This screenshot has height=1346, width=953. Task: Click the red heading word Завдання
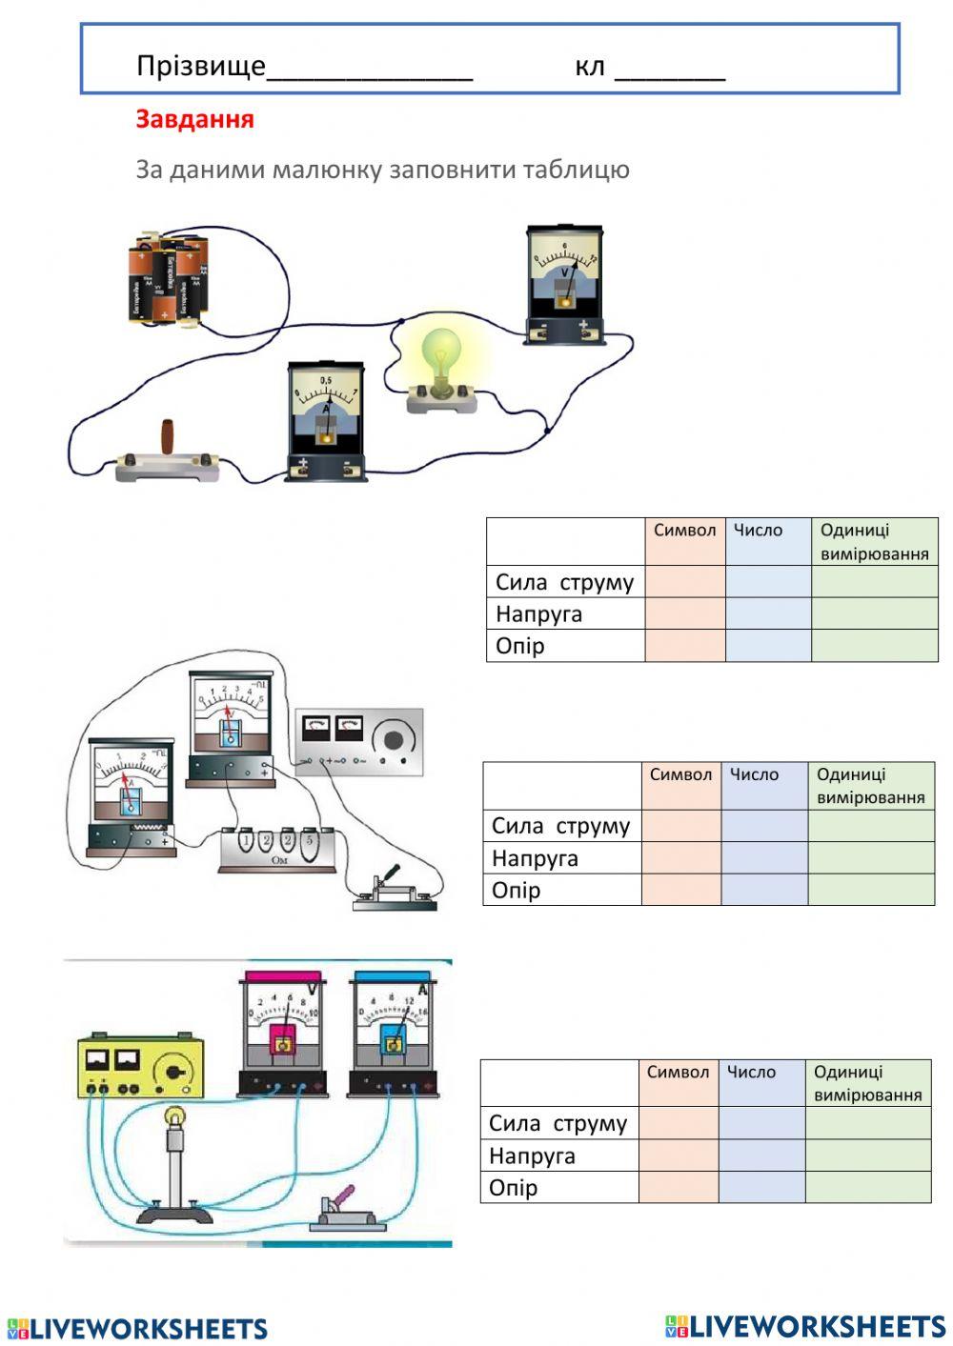tap(194, 119)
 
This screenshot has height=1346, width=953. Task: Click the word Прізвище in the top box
tap(200, 66)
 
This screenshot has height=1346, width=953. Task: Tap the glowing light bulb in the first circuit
tap(440, 357)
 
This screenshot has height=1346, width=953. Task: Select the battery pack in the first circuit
tap(168, 279)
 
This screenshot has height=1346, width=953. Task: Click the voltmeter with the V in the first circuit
tap(564, 284)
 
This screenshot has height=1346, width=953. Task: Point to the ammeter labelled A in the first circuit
tap(326, 420)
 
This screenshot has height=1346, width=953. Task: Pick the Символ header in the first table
tap(684, 531)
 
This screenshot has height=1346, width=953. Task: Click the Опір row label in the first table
tap(520, 646)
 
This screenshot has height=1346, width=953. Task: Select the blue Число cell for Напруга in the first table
tap(768, 613)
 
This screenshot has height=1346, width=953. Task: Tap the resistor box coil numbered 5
tap(308, 842)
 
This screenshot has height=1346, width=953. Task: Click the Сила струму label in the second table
tap(560, 826)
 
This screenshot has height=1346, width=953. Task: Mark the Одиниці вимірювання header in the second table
tap(870, 786)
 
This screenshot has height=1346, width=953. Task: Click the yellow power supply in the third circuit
tap(140, 1067)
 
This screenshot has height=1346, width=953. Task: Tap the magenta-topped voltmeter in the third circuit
tap(283, 1035)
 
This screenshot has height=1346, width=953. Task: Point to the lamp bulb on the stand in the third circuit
tap(175, 1115)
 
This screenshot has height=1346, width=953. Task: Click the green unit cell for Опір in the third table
tap(867, 1187)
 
